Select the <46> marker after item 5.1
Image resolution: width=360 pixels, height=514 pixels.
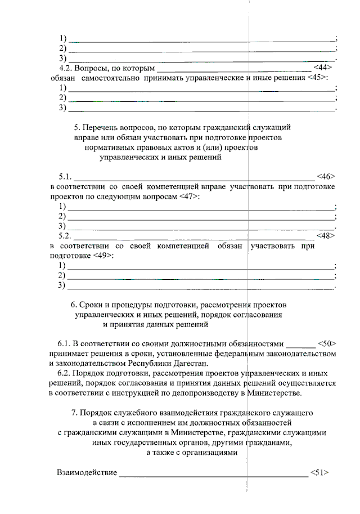(x=326, y=177)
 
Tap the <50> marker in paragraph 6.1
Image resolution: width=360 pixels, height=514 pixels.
(x=327, y=343)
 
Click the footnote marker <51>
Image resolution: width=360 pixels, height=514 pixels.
(x=319, y=472)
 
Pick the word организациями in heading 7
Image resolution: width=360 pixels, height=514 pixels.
(x=213, y=452)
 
